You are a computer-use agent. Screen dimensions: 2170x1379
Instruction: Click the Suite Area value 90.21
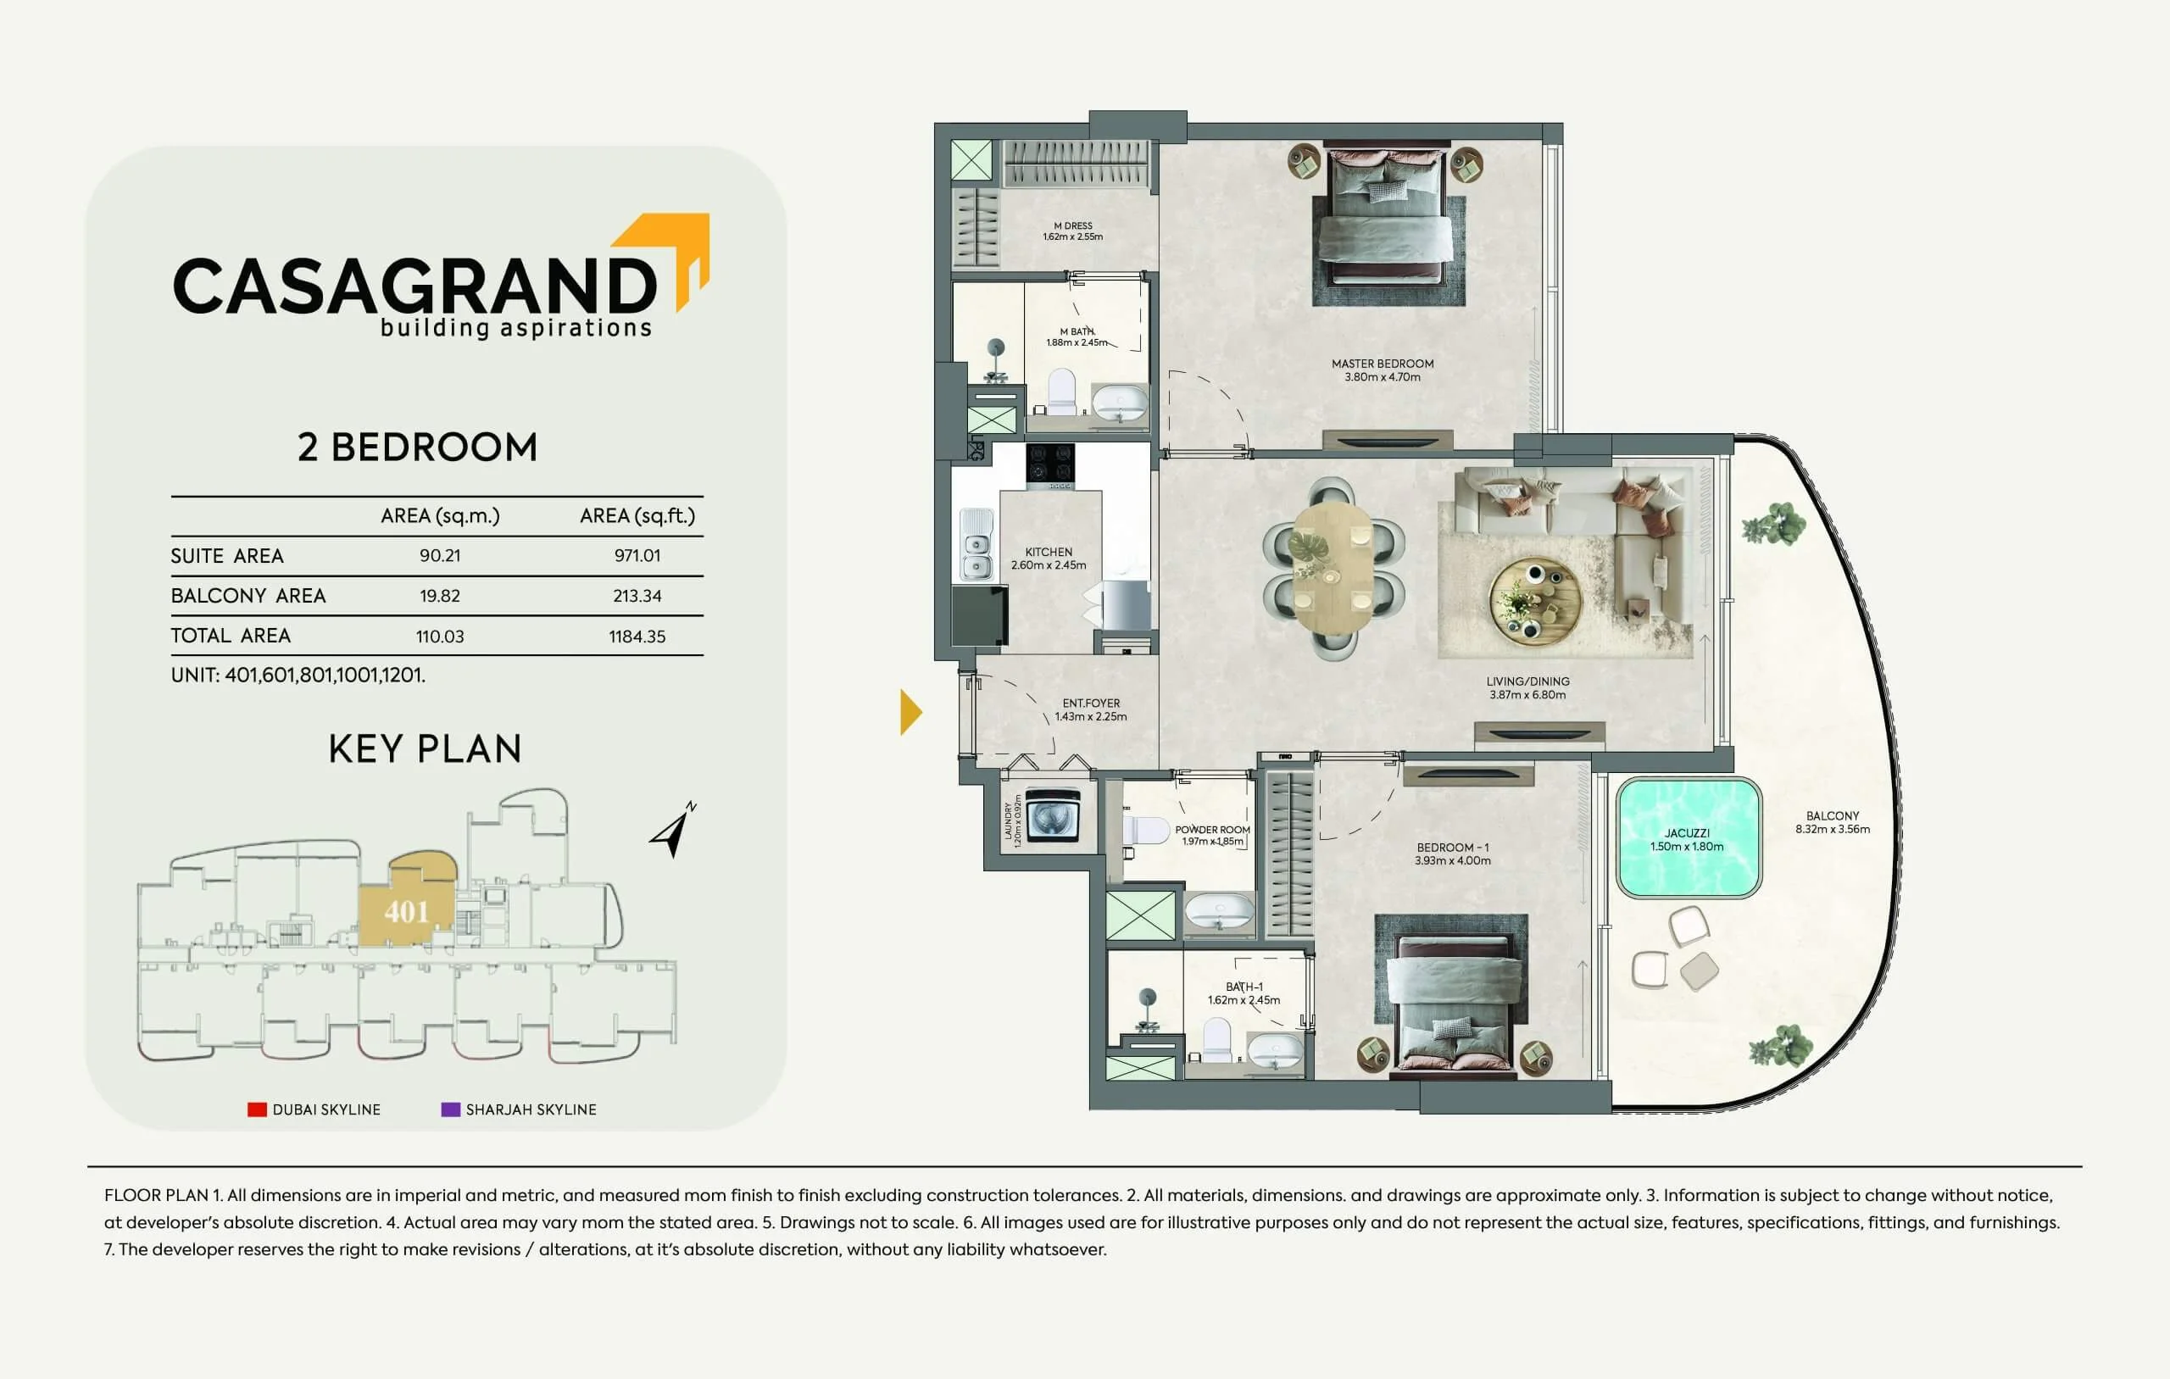pyautogui.click(x=440, y=556)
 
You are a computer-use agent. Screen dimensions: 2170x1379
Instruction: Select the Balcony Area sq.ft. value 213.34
pyautogui.click(x=637, y=596)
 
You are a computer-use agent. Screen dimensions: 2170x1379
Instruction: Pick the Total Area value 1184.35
pyautogui.click(x=637, y=637)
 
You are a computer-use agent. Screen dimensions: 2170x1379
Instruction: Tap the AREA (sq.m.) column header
pyautogui.click(x=440, y=515)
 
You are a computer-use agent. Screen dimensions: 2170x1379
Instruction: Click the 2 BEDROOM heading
pyautogui.click(x=417, y=447)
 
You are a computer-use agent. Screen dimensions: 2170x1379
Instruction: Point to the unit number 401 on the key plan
pyautogui.click(x=406, y=912)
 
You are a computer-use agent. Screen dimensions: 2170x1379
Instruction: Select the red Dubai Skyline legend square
pyautogui.click(x=257, y=1109)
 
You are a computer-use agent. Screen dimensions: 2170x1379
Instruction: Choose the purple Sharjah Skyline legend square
pyautogui.click(x=451, y=1109)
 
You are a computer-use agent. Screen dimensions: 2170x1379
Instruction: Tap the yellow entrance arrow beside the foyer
pyautogui.click(x=910, y=712)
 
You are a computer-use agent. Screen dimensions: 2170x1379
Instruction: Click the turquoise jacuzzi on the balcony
pyautogui.click(x=1688, y=838)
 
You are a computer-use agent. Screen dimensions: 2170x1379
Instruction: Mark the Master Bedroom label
pyautogui.click(x=1383, y=370)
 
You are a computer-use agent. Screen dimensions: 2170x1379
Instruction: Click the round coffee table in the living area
pyautogui.click(x=1534, y=599)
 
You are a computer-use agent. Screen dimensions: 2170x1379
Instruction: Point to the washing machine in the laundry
pyautogui.click(x=1052, y=815)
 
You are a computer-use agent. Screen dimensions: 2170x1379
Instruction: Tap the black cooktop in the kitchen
pyautogui.click(x=1050, y=464)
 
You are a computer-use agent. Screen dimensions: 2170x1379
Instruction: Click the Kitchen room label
pyautogui.click(x=1048, y=559)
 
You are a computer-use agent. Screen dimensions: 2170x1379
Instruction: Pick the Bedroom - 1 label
pyautogui.click(x=1453, y=854)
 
